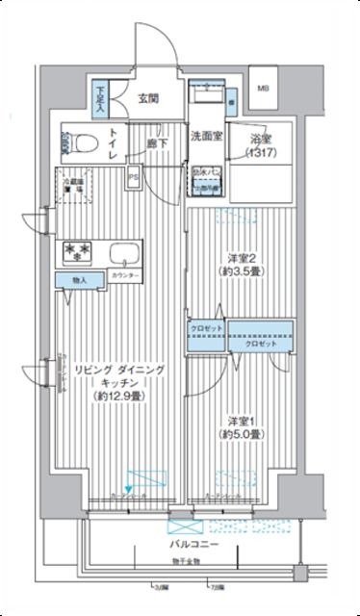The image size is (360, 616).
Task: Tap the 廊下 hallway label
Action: (x=159, y=143)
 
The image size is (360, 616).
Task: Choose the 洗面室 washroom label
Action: (x=205, y=136)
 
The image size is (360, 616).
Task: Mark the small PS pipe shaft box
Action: (x=135, y=176)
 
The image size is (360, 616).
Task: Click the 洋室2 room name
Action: (x=243, y=258)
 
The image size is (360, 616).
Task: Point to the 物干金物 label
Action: (x=186, y=560)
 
